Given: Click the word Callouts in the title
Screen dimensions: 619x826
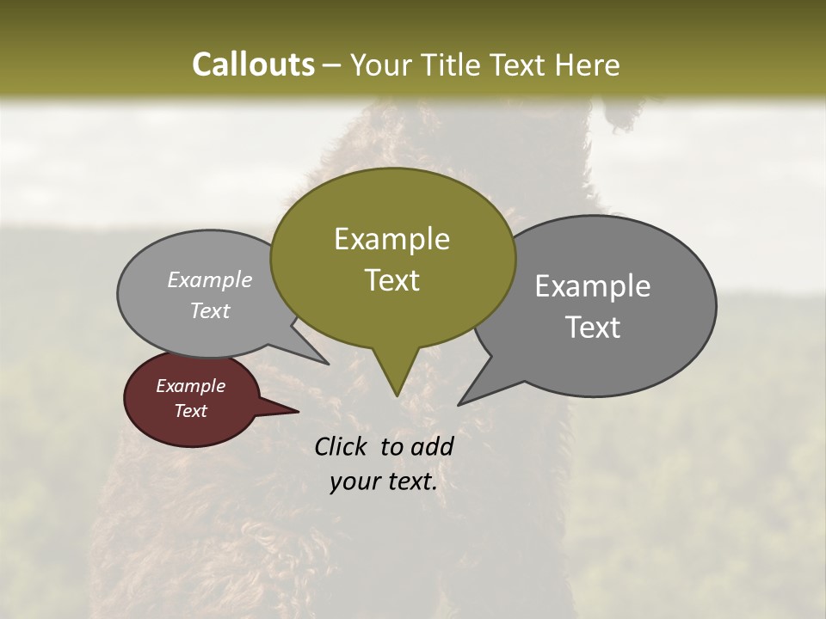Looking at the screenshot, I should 253,64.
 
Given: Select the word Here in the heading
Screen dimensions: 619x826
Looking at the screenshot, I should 587,64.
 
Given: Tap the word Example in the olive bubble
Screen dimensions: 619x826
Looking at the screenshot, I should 391,239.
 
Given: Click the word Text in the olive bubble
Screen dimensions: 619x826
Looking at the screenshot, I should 391,280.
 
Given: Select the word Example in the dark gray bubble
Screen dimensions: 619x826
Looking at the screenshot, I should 593,286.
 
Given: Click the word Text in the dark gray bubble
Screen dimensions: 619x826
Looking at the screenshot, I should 593,328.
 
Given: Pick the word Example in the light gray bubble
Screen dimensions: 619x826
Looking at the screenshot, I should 210,279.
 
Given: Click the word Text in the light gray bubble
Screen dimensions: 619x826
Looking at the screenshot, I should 210,311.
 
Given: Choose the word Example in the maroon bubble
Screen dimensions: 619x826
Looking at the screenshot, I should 190,386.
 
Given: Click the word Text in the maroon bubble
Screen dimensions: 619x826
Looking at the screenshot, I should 190,411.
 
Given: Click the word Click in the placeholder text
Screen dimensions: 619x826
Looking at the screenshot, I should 342,446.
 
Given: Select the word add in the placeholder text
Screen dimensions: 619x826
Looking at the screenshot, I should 433,446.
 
